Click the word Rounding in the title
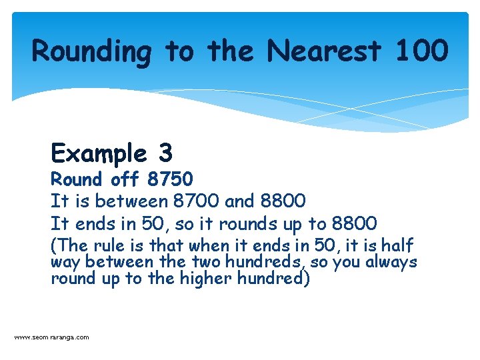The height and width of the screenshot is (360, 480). tap(91, 52)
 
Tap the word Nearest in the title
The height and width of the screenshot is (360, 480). tap(324, 51)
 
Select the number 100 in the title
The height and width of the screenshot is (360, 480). tap(421, 51)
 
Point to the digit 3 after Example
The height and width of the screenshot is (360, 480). tap(165, 154)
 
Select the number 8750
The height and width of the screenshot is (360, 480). tap(171, 179)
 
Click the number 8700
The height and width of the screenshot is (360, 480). tap(195, 200)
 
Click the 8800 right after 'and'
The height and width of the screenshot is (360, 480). tap(284, 200)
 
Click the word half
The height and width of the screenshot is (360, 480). tap(398, 245)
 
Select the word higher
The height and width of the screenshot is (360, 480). tap(205, 278)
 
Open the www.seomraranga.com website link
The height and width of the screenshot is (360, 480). tap(51, 337)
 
